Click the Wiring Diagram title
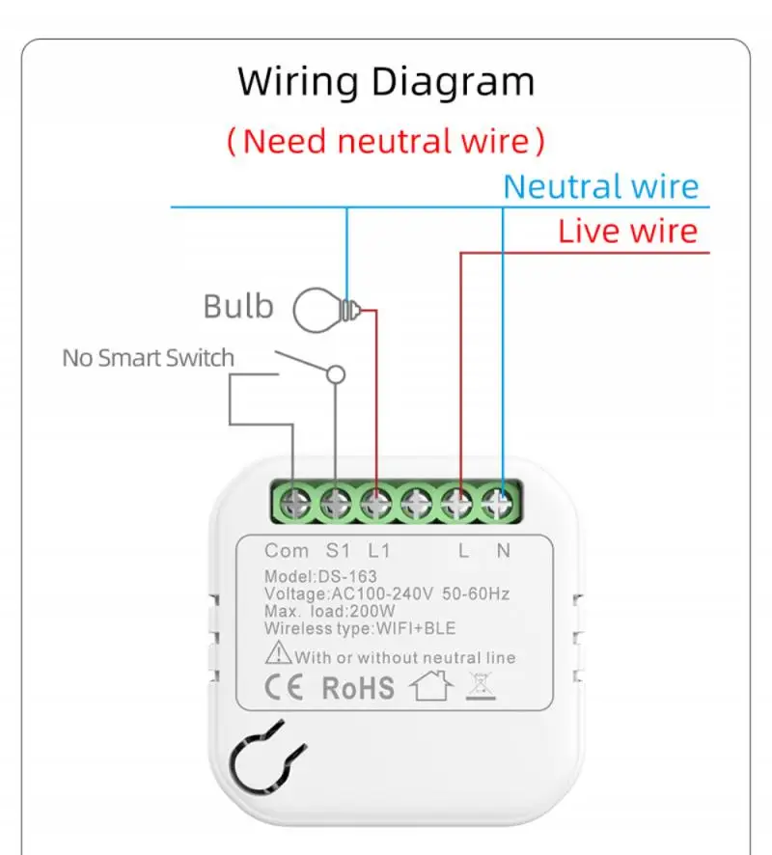tap(386, 82)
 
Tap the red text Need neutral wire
tap(386, 141)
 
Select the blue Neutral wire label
tap(600, 186)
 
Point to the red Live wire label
tap(627, 232)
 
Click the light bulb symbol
tap(324, 310)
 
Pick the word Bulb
tap(238, 307)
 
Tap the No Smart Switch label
tap(148, 358)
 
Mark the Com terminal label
tap(287, 551)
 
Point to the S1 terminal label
tap(337, 551)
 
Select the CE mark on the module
tap(283, 687)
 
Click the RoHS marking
tap(358, 687)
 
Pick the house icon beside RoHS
tap(431, 686)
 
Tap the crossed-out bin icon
tap(480, 685)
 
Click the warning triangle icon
tap(279, 655)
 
